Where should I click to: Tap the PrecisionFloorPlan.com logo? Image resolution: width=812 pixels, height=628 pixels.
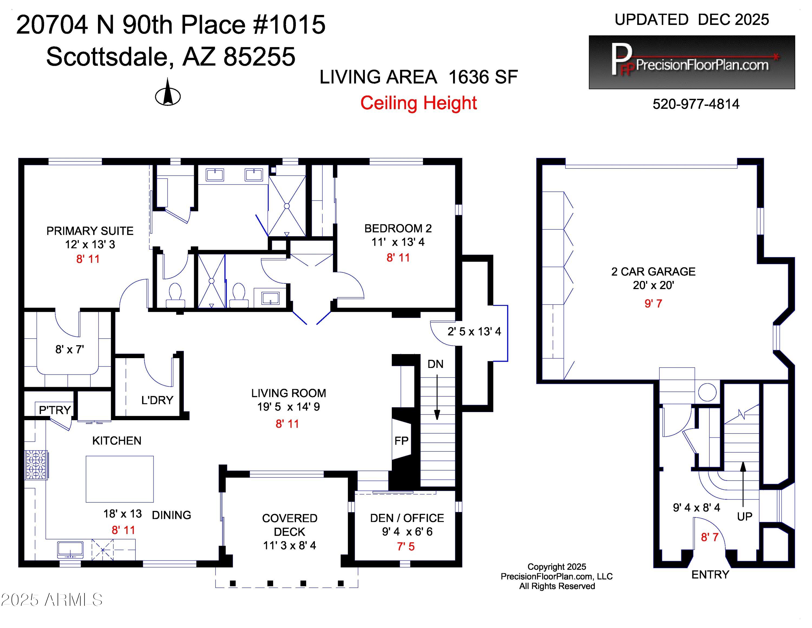tap(692, 62)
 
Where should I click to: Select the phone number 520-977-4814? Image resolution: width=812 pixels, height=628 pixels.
tap(696, 104)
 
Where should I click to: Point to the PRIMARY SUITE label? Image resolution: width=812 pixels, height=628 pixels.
tap(90, 231)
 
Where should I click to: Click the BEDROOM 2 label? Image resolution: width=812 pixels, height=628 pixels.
tap(398, 228)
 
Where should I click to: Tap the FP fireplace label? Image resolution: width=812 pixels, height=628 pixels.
tap(401, 441)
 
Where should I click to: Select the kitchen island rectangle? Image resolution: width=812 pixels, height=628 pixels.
tap(120, 479)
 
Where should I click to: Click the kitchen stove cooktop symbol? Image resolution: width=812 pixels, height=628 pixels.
tap(36, 465)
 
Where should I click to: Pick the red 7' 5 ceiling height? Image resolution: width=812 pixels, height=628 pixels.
tap(406, 546)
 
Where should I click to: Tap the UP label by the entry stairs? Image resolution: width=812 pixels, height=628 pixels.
tap(744, 516)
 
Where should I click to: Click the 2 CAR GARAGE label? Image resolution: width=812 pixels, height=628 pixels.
tap(653, 271)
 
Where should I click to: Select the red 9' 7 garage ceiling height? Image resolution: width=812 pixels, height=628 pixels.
tap(653, 304)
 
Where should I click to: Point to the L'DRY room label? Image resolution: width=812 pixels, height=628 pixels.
tap(157, 400)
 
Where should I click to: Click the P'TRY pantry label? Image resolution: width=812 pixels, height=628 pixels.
tap(55, 410)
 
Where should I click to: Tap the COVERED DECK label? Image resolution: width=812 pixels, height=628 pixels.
tap(289, 525)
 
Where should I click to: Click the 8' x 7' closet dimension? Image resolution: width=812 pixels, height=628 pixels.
tap(70, 349)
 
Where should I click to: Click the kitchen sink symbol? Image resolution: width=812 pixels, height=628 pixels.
tap(70, 549)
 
